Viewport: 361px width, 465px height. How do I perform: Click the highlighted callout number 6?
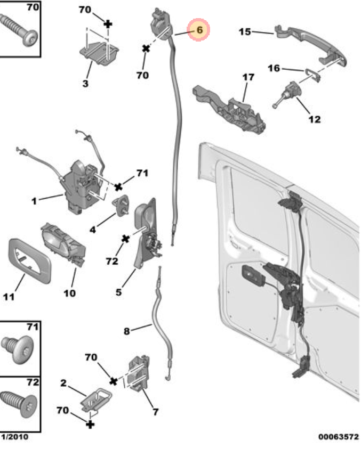click(x=199, y=30)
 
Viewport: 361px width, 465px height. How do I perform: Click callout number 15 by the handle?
click(x=245, y=32)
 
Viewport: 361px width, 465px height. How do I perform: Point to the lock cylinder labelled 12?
click(x=288, y=93)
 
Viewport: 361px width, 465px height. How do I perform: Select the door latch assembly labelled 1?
click(x=80, y=186)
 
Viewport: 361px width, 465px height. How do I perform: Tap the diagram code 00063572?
click(x=338, y=437)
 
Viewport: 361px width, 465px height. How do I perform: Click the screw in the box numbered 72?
click(x=19, y=402)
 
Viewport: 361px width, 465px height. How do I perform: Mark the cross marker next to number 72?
click(x=125, y=239)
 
